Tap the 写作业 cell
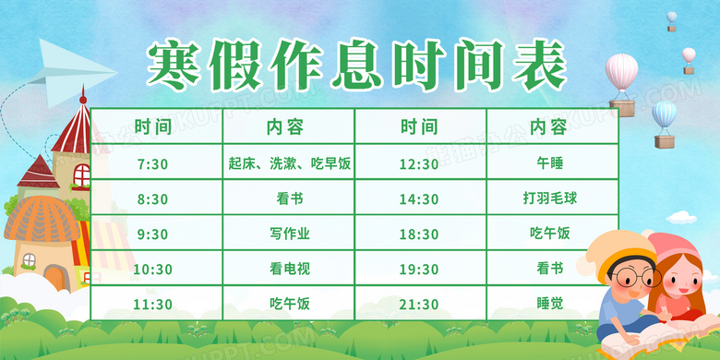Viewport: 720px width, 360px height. coord(289,233)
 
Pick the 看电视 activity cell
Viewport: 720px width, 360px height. coord(289,268)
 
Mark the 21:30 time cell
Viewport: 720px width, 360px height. coord(421,303)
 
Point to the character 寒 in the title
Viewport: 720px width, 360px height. coord(174,65)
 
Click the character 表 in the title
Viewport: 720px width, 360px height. coord(540,65)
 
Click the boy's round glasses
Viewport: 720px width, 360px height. coord(635,276)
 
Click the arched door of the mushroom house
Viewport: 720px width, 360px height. coord(56,278)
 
